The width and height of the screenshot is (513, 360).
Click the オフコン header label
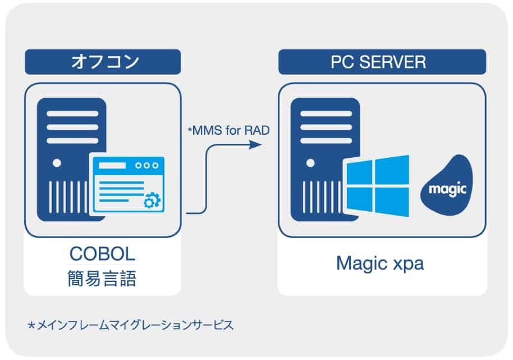tap(103, 62)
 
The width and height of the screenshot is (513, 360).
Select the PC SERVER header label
tap(382, 62)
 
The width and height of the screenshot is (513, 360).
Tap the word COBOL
tap(102, 254)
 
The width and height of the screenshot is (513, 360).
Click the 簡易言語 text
tap(102, 279)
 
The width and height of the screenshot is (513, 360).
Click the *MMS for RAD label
tap(228, 131)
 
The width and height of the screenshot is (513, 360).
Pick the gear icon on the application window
tap(150, 199)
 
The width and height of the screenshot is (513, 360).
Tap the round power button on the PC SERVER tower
tap(309, 163)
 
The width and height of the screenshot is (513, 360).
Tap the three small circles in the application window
tap(148, 166)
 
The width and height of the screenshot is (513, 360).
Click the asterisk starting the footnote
tap(31, 325)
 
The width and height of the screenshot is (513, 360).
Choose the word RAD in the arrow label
tap(258, 131)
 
